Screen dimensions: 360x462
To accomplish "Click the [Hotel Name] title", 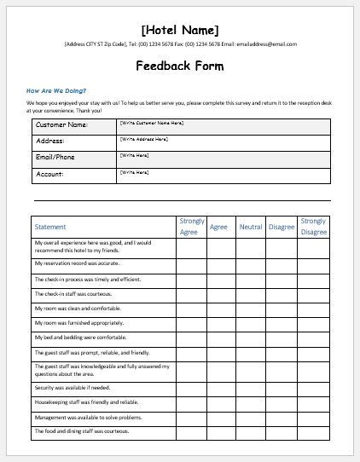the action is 179,31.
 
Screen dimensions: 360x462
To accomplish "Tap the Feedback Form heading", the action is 179,66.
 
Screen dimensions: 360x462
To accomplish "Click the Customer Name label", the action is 61,125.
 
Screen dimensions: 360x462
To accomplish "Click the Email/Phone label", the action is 56,157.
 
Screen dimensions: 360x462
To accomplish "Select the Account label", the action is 50,174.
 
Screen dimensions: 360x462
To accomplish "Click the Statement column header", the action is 50,227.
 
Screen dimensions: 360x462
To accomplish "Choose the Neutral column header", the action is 251,227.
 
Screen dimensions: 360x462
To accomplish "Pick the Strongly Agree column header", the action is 192,227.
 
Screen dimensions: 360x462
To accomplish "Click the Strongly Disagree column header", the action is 313,227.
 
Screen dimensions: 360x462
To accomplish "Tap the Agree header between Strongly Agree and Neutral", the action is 219,227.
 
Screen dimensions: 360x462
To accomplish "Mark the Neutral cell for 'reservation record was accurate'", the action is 251,265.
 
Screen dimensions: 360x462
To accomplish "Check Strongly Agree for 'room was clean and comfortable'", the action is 192,309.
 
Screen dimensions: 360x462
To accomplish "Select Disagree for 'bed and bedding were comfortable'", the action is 282,338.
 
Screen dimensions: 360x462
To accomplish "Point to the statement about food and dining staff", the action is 82,431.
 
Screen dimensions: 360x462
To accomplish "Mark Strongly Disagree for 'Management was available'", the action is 313,417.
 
